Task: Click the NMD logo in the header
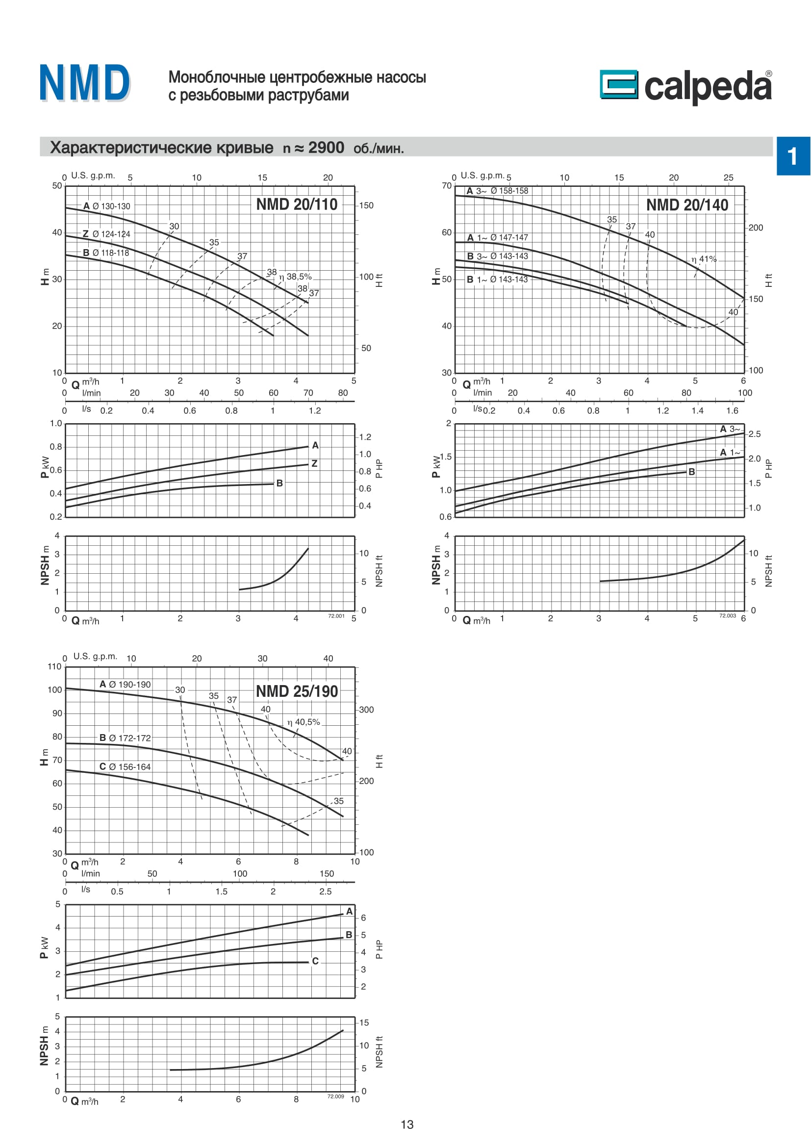pos(84,83)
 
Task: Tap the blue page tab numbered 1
pos(792,156)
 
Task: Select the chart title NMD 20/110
pos(297,204)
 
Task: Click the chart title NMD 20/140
pos(686,205)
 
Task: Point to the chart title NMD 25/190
pos(297,691)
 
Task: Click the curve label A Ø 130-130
pos(106,206)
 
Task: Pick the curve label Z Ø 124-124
pos(106,234)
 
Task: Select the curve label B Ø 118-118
pos(106,253)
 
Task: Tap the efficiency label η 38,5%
pos(296,277)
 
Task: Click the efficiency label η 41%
pos(704,259)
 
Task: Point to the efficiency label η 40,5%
pos(304,722)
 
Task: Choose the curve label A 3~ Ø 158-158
pos(497,191)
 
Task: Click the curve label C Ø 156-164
pos(125,767)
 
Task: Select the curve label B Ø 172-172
pos(125,738)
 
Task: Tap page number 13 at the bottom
pos(407,1124)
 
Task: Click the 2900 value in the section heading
pos(326,148)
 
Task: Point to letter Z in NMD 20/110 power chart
pos(314,463)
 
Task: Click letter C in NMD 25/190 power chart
pos(315,961)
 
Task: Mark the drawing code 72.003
pos(727,616)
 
